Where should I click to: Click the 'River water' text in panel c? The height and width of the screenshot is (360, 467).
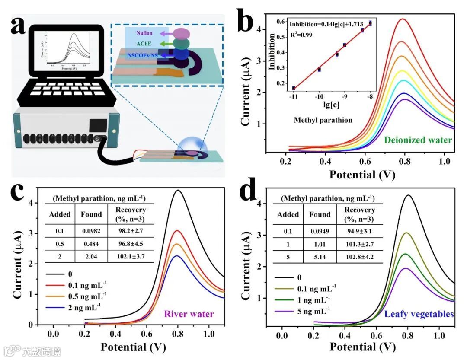(x=189, y=314)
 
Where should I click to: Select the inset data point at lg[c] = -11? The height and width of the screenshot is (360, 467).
(x=294, y=88)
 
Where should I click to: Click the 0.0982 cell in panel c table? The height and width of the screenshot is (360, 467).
(x=91, y=231)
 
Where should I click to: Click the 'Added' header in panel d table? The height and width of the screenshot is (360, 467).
(x=288, y=214)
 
